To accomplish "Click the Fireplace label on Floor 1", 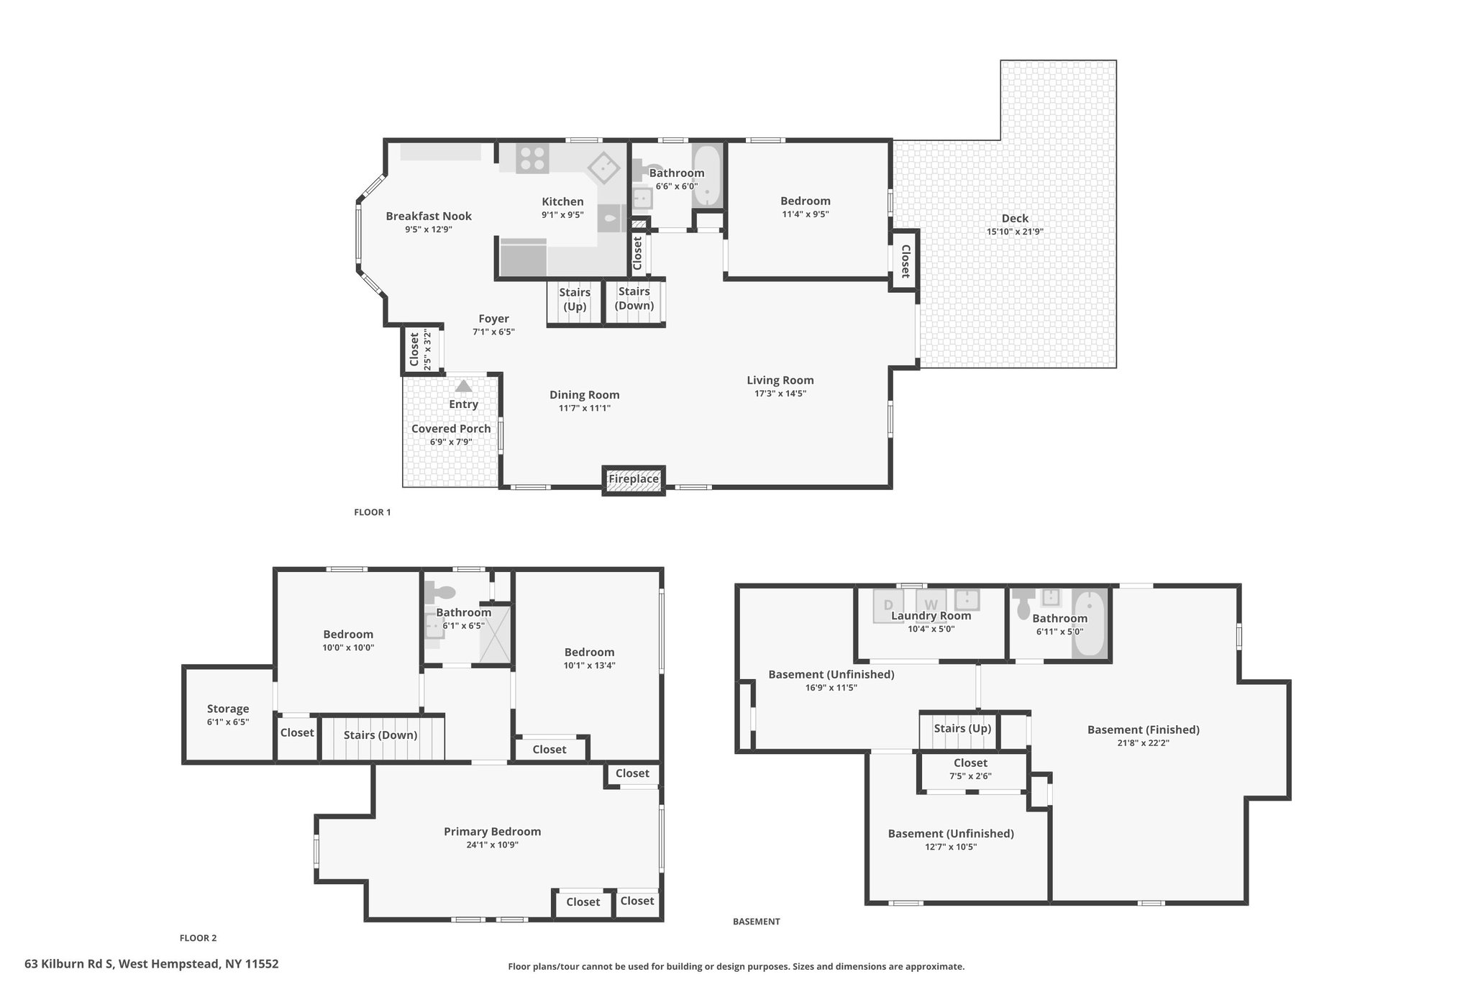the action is pos(634,479).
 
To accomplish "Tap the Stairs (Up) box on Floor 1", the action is pos(575,303).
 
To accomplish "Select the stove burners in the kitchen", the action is pos(532,158).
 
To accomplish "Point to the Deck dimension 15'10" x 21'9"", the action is pos(1015,232).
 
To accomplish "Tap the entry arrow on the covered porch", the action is pos(463,386).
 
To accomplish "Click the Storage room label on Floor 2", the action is pos(228,709).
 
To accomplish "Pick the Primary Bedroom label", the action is pos(492,832).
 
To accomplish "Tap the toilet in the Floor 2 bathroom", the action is pos(440,593).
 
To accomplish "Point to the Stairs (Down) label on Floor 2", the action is pos(380,735).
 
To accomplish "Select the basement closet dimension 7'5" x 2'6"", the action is pos(970,776).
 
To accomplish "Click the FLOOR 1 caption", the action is pos(373,512).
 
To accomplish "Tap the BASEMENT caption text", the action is pos(757,921).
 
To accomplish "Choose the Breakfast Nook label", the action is pos(429,216).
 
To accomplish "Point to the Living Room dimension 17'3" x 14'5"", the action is pos(780,394).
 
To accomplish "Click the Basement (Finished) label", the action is pos(1144,729).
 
